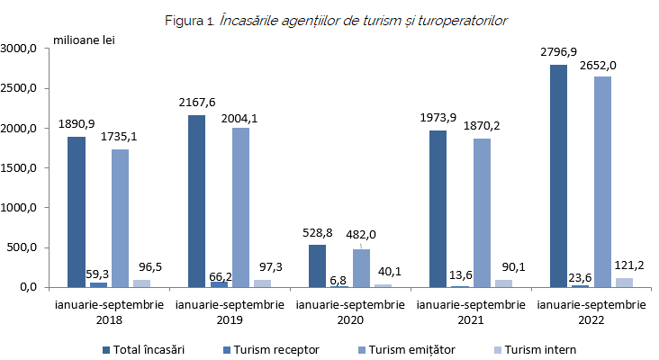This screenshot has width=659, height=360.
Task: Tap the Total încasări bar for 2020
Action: click(317, 265)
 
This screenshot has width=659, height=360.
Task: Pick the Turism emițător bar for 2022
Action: click(602, 182)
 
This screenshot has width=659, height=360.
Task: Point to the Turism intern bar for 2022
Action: click(624, 283)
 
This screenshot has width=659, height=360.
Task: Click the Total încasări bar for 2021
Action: click(438, 209)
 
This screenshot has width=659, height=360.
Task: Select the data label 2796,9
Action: click(559, 52)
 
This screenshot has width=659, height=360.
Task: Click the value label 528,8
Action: click(317, 232)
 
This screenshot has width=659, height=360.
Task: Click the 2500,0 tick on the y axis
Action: click(19, 89)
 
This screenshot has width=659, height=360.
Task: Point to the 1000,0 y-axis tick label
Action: click(19, 208)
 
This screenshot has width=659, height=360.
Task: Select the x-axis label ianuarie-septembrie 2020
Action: click(350, 311)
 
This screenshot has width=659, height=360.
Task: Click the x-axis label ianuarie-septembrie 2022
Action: click(591, 311)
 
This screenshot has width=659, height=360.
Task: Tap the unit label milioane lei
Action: click(84, 39)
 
